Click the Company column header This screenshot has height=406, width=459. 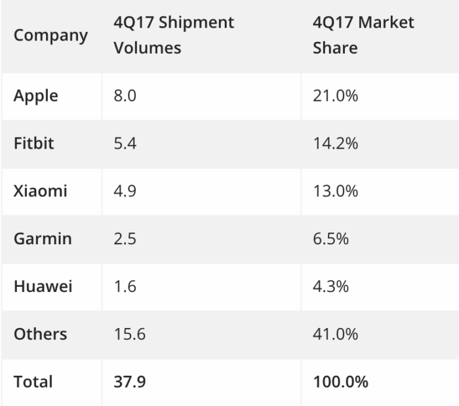pos(50,35)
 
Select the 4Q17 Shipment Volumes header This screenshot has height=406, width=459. pos(174,35)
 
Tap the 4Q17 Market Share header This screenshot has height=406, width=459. pos(363,35)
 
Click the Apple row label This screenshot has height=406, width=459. pos(36,96)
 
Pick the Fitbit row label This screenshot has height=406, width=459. pos(34,143)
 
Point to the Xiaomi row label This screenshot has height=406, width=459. pos(40,191)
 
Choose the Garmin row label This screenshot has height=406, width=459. pos(43,238)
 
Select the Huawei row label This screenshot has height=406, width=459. pos(43,286)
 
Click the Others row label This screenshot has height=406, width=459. pos(40,334)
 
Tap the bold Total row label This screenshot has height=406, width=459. pos(33,381)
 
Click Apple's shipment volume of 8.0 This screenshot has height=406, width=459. pos(125,96)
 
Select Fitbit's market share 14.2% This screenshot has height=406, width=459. pos(335,143)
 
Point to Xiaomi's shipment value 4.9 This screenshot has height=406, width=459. pos(125,191)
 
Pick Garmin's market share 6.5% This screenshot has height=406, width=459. pos(330,238)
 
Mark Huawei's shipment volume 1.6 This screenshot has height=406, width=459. pos(125,286)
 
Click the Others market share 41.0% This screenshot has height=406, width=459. pos(335,334)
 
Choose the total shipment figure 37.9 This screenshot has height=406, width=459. pos(129,381)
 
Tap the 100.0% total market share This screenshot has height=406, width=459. pos(340,381)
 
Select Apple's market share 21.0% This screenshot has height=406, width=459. pos(335,96)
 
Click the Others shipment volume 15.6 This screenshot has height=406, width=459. pos(129,334)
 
